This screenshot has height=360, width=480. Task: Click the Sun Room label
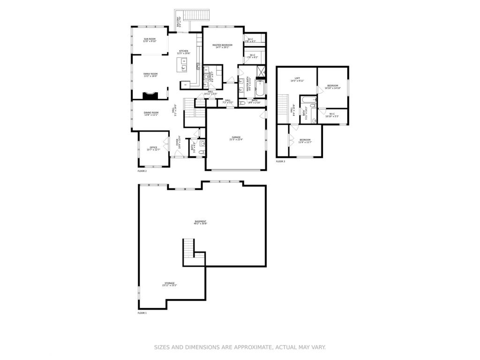[150, 40]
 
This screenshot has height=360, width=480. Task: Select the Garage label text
[235, 138]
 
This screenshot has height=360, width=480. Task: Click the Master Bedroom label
[222, 46]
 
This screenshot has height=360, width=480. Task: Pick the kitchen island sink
[184, 67]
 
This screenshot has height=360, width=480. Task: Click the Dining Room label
[151, 113]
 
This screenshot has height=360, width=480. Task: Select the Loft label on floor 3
[297, 79]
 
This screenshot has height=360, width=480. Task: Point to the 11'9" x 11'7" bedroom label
[305, 141]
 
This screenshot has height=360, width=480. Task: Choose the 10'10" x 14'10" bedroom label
[332, 87]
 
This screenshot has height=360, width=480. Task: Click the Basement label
[200, 222]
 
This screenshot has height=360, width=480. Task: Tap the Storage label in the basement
[169, 284]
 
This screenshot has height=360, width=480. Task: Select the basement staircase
[188, 248]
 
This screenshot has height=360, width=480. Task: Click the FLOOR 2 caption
[142, 171]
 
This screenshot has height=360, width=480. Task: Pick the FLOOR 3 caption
[280, 161]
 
